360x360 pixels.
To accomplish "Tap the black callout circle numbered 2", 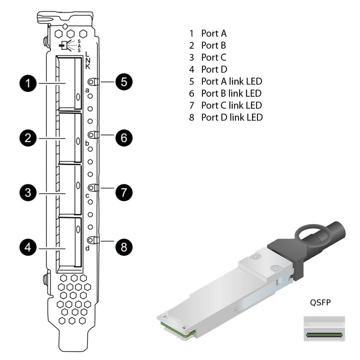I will (28, 138).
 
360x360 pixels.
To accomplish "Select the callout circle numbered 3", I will (28, 193).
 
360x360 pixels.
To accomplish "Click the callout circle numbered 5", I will (124, 82).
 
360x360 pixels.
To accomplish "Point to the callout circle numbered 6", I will (124, 137).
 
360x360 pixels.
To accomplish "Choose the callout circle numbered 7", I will (124, 193).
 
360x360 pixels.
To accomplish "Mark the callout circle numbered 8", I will (124, 247).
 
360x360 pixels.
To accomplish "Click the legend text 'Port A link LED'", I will (231, 81).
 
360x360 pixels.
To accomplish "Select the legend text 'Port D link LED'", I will (232, 117).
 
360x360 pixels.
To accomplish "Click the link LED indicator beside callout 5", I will (92, 82).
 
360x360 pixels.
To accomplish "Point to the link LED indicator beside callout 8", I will (92, 240).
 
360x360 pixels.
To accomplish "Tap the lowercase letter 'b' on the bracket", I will (87, 143).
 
